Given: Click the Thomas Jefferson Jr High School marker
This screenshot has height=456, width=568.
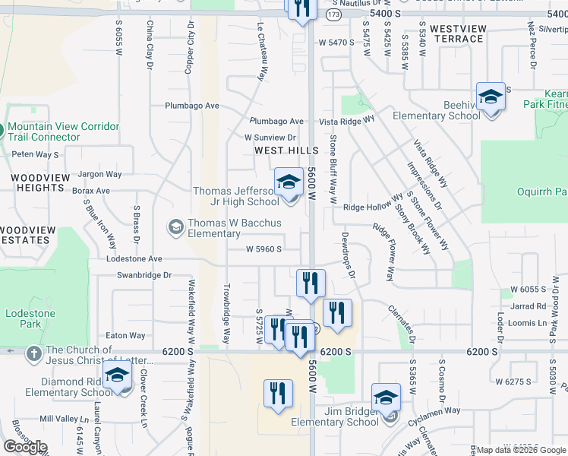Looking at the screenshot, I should coord(289,182).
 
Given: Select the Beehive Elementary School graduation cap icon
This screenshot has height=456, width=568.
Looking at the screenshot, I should coord(491,97).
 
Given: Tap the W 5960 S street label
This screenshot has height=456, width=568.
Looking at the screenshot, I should coord(264,249).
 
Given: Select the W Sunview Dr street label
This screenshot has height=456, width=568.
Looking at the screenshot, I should coord(270,138).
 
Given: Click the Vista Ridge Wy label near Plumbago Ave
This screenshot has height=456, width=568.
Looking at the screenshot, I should coord(347,121).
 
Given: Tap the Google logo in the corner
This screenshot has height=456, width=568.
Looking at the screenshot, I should coord(26,446).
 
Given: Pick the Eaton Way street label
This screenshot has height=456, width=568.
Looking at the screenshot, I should coord(125,335).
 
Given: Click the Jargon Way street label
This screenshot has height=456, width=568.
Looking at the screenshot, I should coord(99,175).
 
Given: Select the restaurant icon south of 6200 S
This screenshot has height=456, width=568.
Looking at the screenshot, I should coord(278,393).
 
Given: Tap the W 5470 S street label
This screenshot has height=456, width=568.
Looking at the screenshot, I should coord(336,43).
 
